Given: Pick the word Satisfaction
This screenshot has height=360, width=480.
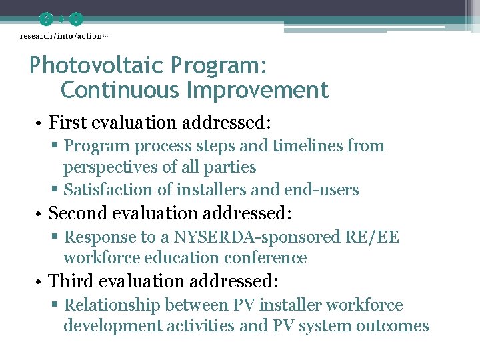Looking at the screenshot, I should (108, 190).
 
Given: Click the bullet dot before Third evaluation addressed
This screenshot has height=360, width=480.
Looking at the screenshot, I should (39, 282).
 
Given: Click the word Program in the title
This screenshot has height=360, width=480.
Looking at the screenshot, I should (219, 65).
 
